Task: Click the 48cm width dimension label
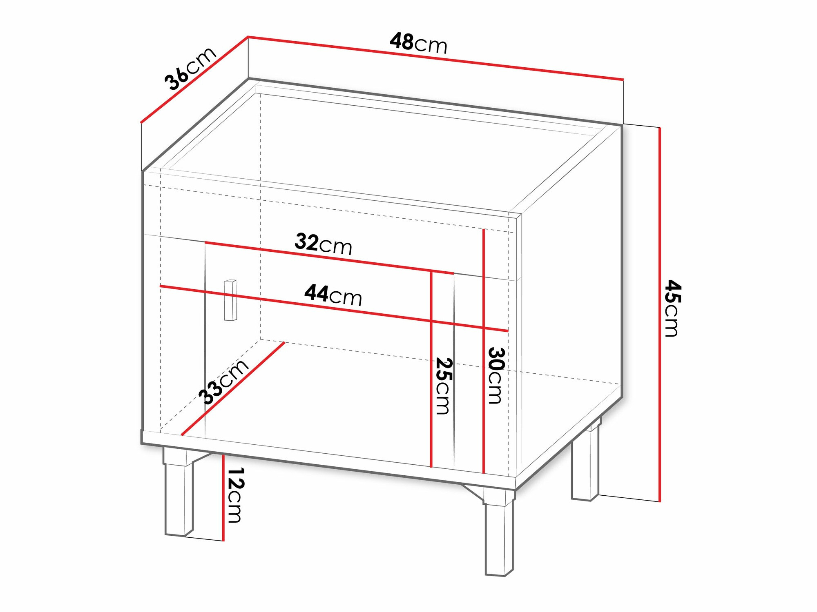coord(418,43)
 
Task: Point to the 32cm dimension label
coord(323,244)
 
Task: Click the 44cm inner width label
coord(333,295)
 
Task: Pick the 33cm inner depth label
coord(223,381)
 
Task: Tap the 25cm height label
coord(443,386)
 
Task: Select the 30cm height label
coord(495,375)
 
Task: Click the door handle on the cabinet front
coord(230,300)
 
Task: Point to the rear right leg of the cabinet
coord(585,465)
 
